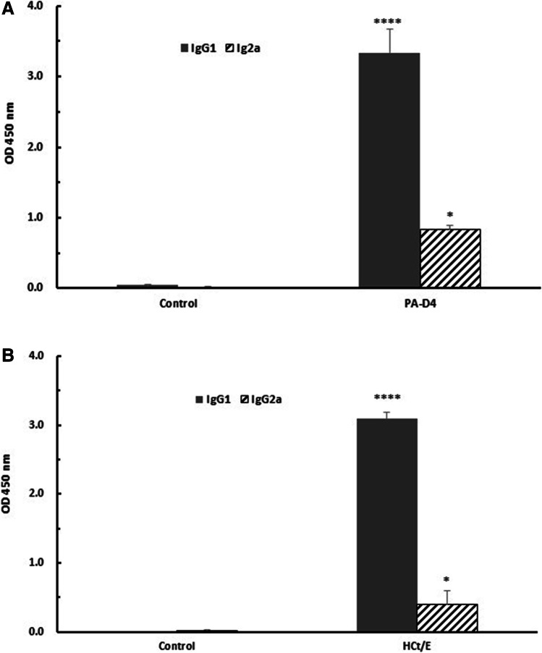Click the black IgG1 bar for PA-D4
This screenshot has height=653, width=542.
(389, 170)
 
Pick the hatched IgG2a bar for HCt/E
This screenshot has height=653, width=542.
(447, 618)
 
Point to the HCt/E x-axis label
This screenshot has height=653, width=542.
(418, 644)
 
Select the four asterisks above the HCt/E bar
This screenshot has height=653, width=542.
(387, 398)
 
